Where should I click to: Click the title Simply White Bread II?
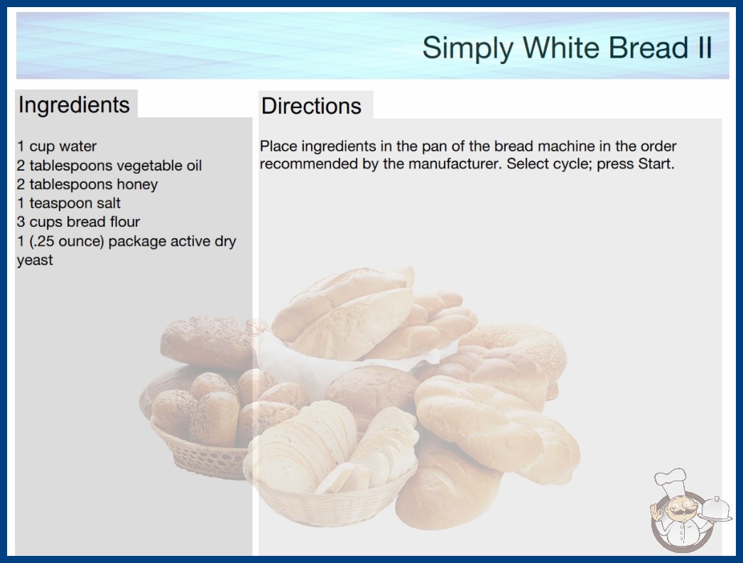tap(567, 48)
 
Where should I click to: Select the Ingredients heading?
tap(74, 105)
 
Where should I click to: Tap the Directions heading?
tap(311, 106)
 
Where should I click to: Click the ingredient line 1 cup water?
tap(57, 146)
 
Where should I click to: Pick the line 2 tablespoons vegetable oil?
tap(109, 166)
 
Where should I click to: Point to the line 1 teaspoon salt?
tap(69, 203)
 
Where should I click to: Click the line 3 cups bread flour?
tap(79, 222)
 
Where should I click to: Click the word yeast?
tap(35, 260)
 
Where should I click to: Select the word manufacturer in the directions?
tap(454, 164)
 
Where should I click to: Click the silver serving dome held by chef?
tap(715, 508)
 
